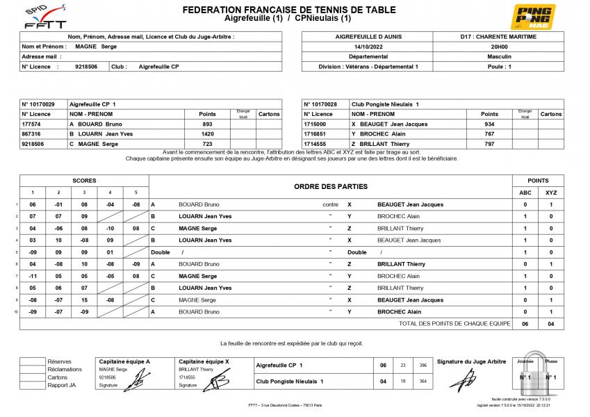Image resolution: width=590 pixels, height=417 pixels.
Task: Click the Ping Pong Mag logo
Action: [x=533, y=17]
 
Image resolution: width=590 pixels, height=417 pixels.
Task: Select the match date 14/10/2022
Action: [x=368, y=47]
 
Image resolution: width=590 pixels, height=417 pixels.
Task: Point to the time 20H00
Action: [x=498, y=47]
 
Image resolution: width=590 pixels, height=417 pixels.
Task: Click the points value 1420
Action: [x=207, y=133]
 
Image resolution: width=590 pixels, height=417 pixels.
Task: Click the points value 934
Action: [x=489, y=124]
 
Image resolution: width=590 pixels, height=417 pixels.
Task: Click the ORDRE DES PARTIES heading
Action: [x=331, y=186]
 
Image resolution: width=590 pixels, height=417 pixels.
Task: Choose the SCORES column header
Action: [x=84, y=181]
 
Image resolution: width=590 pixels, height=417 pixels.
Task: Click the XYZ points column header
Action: [x=551, y=193]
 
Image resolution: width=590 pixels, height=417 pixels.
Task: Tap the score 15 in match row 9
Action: [x=84, y=300]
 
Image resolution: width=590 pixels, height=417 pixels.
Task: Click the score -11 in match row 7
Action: [x=33, y=276]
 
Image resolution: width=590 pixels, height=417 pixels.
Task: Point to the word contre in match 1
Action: [x=330, y=205]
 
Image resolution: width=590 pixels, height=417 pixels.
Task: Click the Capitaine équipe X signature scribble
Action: [x=220, y=381]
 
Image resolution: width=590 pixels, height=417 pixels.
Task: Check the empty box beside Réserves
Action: [x=32, y=361]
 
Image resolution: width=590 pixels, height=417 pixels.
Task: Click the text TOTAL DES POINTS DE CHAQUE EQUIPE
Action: [x=454, y=324]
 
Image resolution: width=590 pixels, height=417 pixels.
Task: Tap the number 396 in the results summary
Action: [x=423, y=365]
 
